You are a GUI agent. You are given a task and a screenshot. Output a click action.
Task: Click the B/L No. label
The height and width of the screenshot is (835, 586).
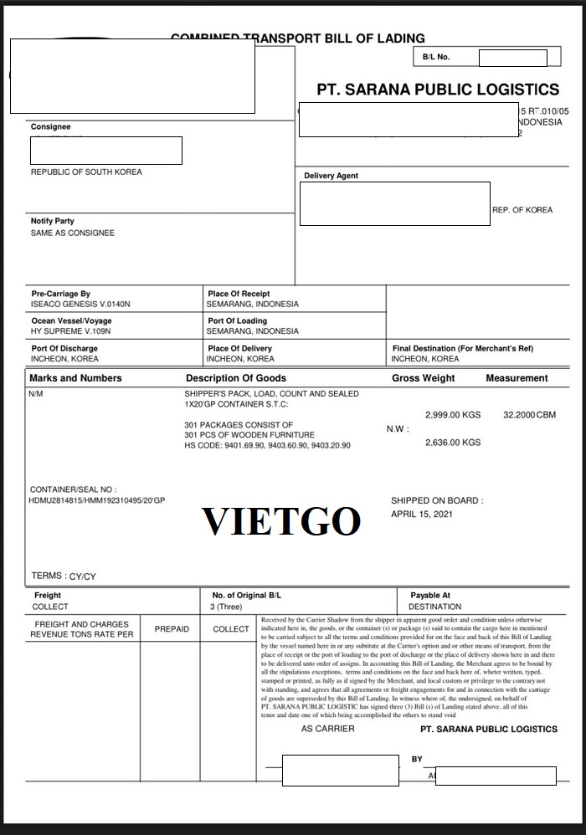(436, 57)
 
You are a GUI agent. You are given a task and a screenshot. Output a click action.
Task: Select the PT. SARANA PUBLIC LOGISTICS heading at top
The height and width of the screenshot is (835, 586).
(437, 90)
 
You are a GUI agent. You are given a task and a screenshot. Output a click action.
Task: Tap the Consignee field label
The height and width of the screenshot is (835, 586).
(51, 127)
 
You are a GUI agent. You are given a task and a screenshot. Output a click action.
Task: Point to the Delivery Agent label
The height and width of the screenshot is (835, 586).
(331, 176)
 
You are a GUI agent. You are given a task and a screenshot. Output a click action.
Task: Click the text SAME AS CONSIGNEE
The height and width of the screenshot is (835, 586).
(73, 233)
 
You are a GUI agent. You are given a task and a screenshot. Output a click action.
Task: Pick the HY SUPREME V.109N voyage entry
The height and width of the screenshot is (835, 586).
(70, 331)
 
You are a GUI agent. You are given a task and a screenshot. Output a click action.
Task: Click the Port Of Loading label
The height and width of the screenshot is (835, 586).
(238, 321)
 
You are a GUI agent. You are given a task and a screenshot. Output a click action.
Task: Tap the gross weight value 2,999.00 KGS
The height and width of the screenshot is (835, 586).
(453, 415)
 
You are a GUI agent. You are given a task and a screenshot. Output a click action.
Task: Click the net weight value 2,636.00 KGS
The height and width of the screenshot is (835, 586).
(453, 443)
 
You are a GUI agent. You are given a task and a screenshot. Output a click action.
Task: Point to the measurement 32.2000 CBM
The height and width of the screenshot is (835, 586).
(529, 415)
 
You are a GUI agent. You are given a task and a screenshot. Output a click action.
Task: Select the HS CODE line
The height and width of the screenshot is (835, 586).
(267, 446)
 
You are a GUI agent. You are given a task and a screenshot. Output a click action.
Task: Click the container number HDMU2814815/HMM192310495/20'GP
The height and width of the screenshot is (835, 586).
(97, 500)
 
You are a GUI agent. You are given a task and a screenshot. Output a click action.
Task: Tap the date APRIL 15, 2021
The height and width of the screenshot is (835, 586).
(422, 514)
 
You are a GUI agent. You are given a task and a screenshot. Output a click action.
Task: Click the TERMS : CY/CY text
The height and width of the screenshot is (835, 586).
(64, 576)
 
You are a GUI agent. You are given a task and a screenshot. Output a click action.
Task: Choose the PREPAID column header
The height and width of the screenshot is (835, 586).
(172, 629)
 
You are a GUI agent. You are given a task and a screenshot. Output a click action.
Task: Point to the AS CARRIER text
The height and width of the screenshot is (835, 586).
(327, 729)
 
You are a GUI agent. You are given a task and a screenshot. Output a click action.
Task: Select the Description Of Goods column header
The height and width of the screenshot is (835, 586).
(236, 378)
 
